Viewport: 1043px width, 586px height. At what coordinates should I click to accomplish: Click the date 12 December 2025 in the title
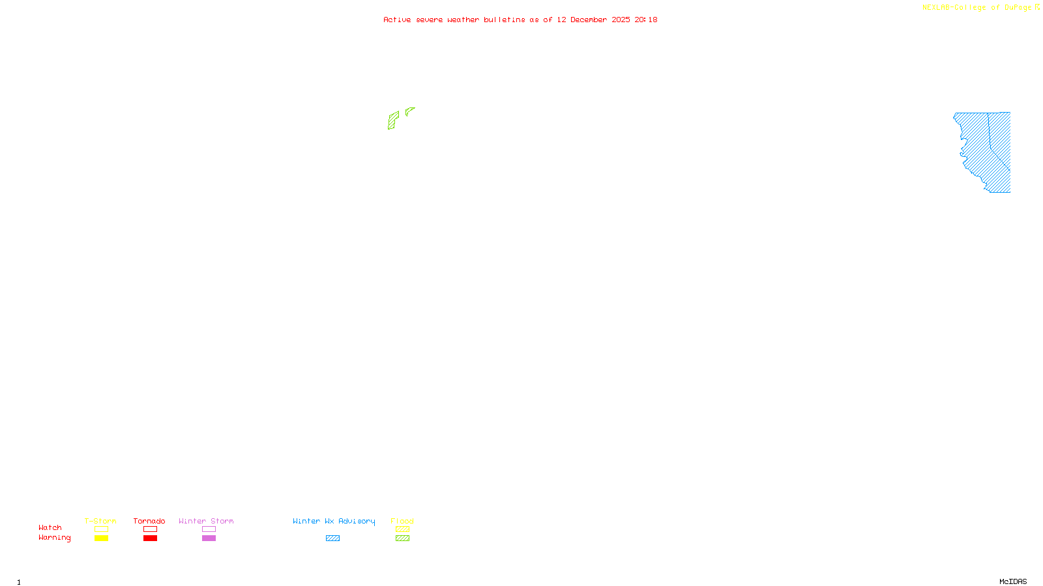(593, 20)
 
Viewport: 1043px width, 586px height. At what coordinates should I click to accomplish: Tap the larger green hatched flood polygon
(392, 120)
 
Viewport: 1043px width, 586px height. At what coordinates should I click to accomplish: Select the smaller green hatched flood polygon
(409, 111)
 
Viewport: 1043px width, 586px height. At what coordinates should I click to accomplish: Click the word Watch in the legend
(50, 528)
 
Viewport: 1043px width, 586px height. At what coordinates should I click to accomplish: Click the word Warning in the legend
(54, 538)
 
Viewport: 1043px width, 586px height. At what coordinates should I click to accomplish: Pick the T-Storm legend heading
(100, 521)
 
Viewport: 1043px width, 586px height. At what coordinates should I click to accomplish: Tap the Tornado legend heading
(149, 521)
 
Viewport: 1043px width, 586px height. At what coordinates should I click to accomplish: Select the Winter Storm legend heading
(206, 521)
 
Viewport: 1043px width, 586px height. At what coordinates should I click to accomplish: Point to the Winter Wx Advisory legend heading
(334, 521)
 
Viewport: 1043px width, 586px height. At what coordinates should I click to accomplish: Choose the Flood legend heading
(402, 521)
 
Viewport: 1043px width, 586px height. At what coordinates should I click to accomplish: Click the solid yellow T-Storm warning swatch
(101, 538)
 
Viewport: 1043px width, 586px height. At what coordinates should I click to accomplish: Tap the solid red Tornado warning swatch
(151, 538)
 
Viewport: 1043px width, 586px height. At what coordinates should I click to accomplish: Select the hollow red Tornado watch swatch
(151, 529)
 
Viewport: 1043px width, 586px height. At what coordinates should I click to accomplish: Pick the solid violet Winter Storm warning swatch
(209, 538)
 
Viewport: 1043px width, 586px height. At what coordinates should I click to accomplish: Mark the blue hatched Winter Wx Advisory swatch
(332, 538)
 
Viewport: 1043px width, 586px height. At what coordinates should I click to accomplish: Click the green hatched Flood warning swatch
(402, 538)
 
